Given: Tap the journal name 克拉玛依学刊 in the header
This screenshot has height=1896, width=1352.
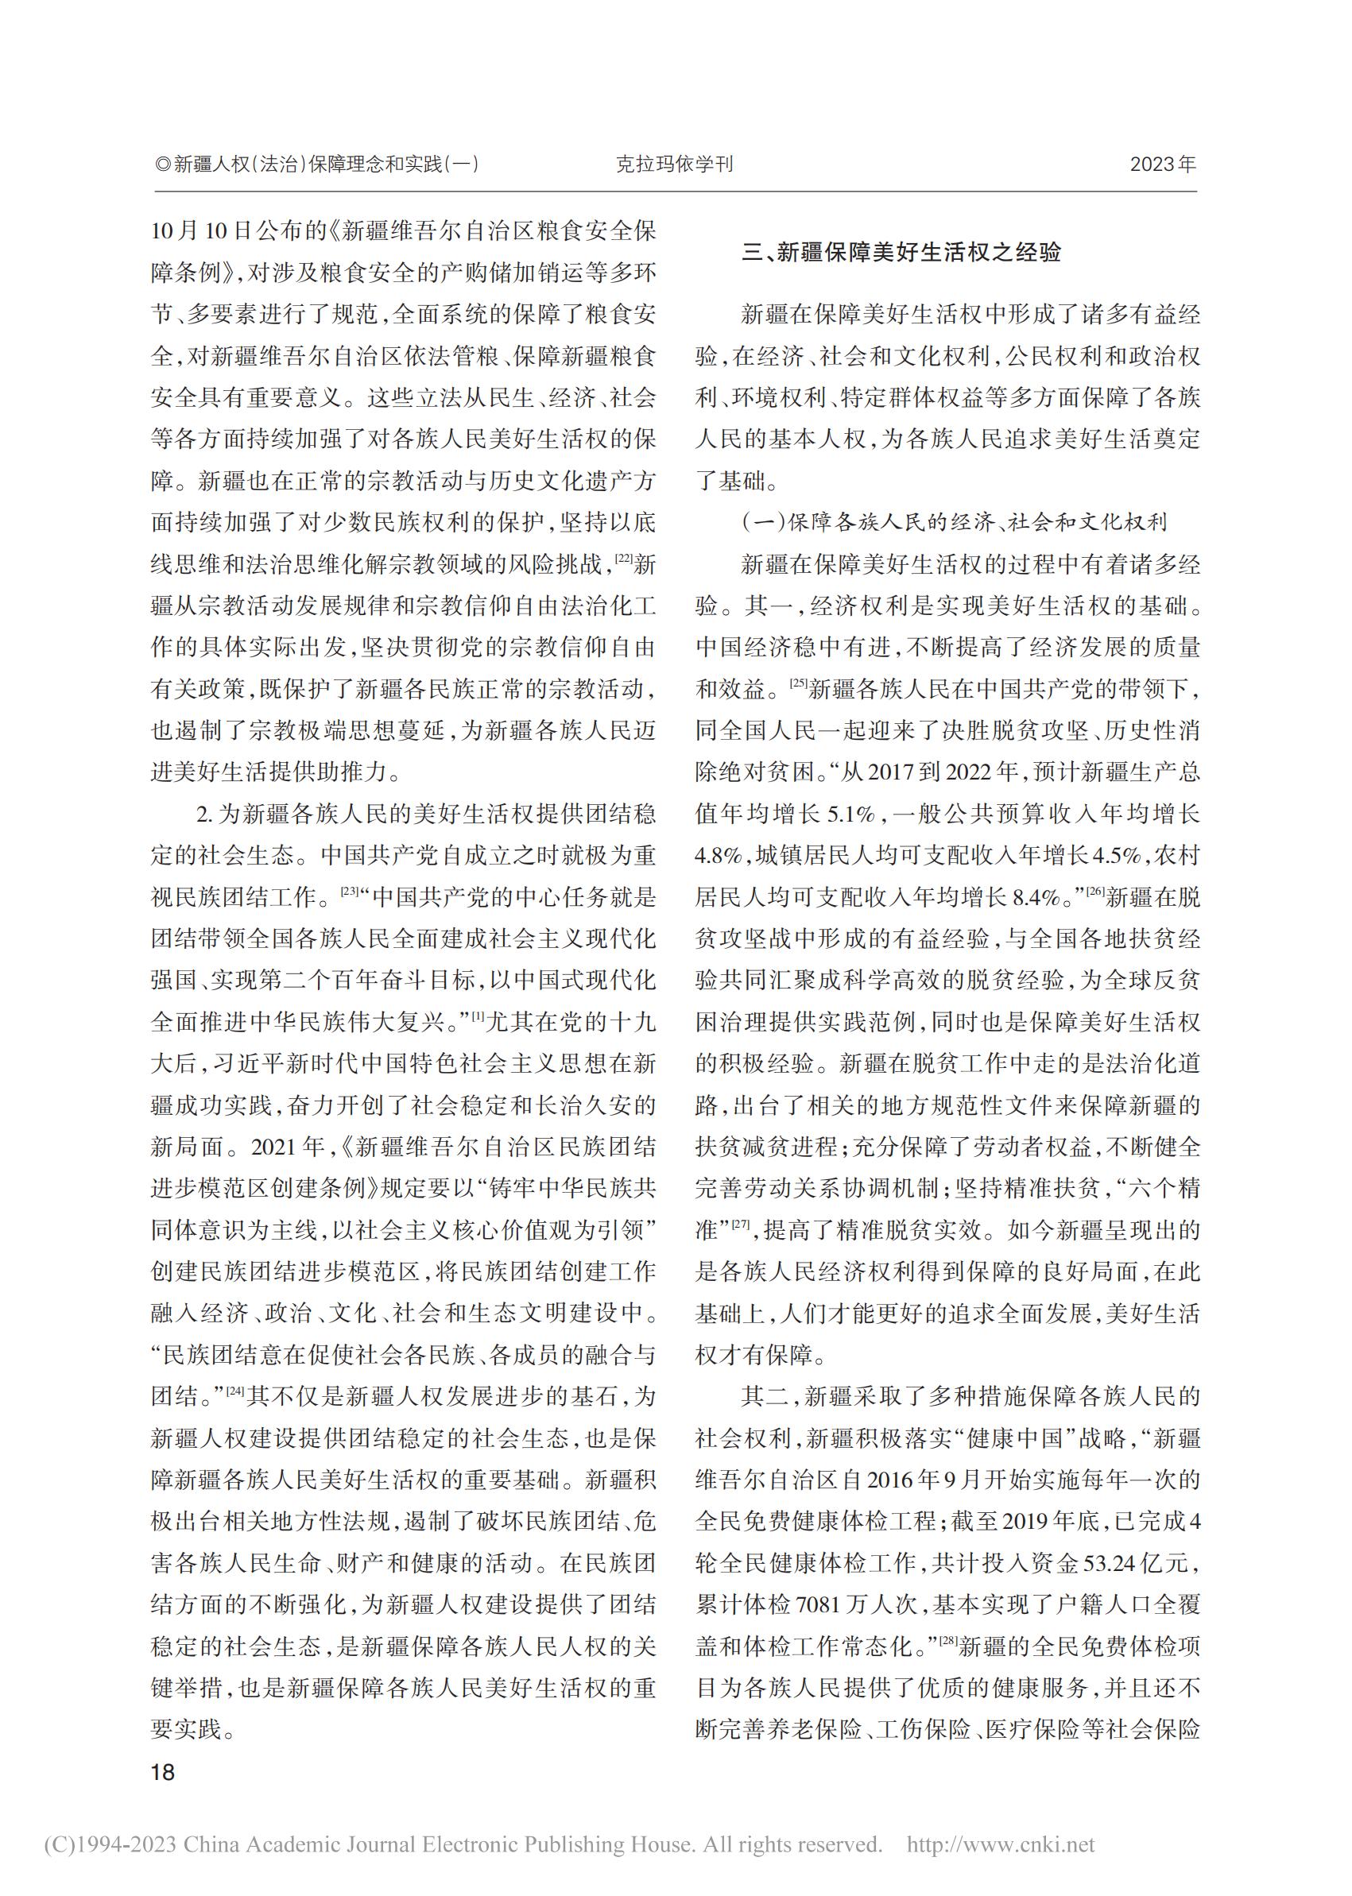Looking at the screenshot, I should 674,164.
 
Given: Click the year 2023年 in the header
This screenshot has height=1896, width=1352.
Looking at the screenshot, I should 1162,164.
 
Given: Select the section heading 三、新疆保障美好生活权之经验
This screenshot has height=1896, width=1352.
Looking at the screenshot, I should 901,252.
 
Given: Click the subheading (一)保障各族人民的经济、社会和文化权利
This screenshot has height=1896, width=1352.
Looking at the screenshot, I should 954,523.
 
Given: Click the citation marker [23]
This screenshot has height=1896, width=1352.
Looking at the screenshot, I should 348,892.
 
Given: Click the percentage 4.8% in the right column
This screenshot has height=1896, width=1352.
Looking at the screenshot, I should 719,857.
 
